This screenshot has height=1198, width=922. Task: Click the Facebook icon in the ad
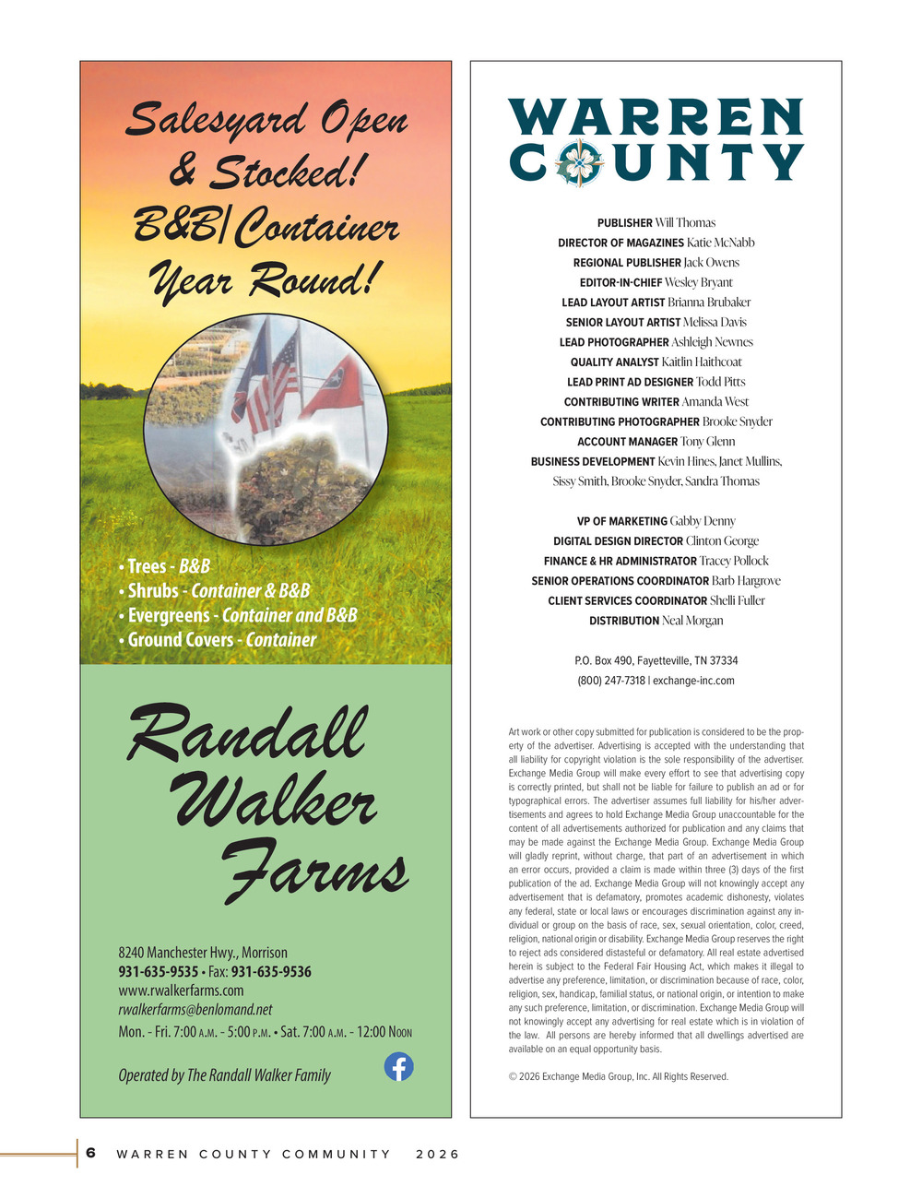coord(398,1067)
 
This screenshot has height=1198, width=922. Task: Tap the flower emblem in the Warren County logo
coord(578,163)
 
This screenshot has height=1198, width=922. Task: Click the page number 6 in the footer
coord(91,1153)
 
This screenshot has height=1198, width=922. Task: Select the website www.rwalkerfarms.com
coord(181,990)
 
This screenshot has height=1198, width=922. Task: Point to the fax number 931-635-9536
coord(271,972)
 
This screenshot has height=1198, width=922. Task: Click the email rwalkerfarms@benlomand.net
coord(195,1010)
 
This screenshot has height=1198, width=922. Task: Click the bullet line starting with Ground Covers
coord(218,640)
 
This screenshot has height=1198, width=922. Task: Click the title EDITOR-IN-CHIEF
coord(621,283)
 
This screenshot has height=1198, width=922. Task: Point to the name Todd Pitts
coord(721,382)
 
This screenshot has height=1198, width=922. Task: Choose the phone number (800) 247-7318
coord(611,681)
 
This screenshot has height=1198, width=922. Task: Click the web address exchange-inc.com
coord(693,681)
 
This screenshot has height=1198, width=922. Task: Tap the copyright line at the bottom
coord(619,1076)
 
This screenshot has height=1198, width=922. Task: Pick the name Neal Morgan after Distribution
coord(692,621)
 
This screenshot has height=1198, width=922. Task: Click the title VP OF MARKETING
coord(622,522)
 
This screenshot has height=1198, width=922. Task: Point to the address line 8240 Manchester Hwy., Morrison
coord(203,953)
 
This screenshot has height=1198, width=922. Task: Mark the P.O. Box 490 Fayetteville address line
coord(656,661)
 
